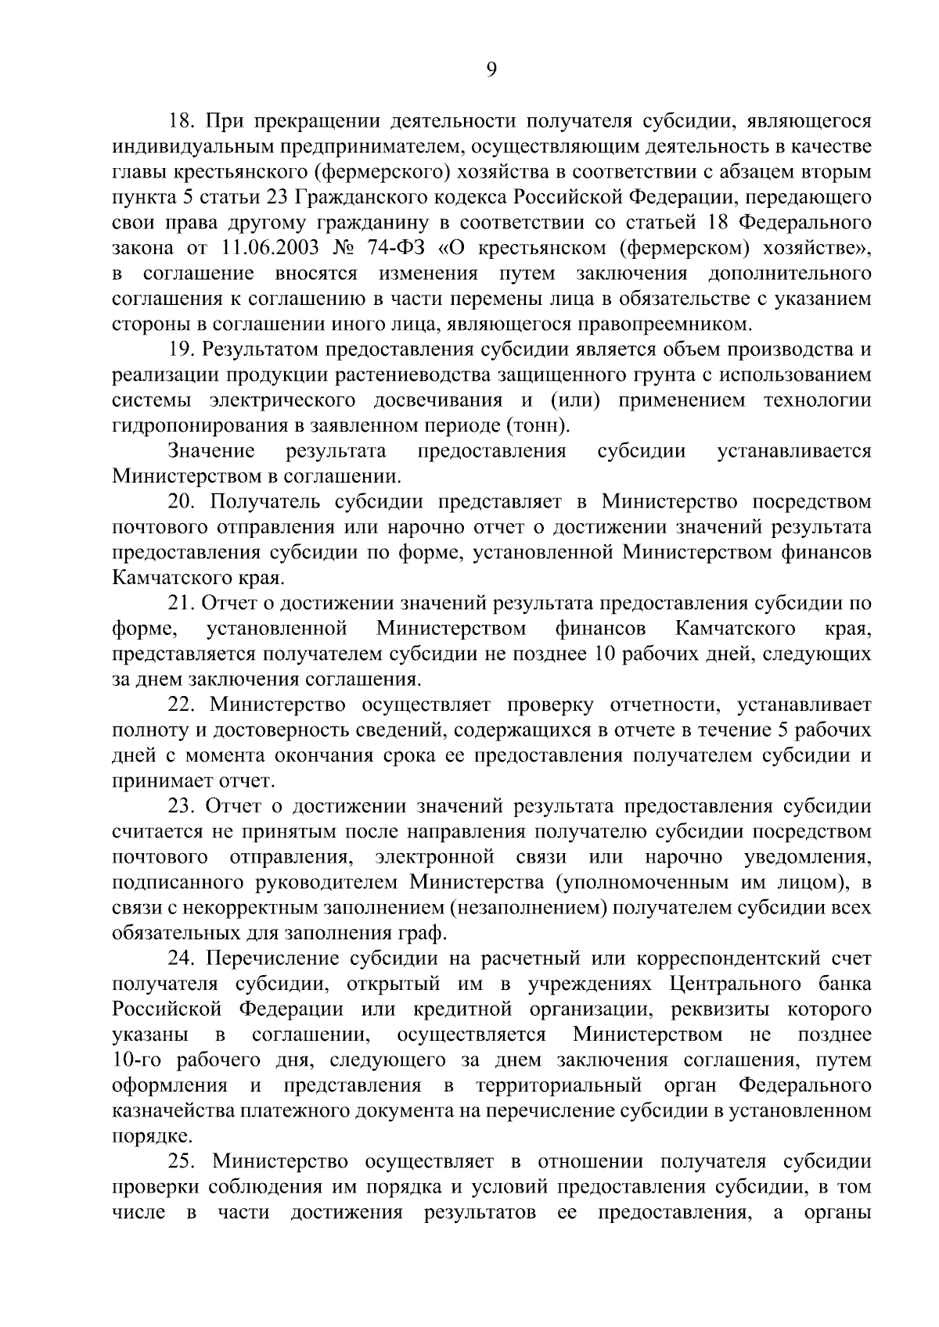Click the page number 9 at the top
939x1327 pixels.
tap(491, 70)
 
